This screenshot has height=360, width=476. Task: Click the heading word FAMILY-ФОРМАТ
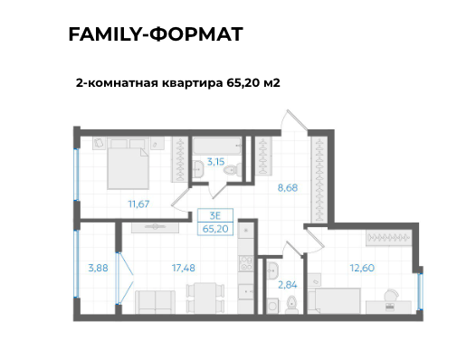(x=155, y=35)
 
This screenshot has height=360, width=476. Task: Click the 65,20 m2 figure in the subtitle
(x=247, y=82)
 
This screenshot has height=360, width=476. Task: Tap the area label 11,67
(x=138, y=204)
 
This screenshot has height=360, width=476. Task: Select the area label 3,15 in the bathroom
(x=215, y=162)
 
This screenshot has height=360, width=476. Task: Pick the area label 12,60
(x=361, y=267)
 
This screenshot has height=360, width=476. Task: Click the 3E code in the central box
(x=215, y=214)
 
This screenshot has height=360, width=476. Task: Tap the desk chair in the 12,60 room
(x=390, y=296)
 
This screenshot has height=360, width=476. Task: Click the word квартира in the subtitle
(x=186, y=82)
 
